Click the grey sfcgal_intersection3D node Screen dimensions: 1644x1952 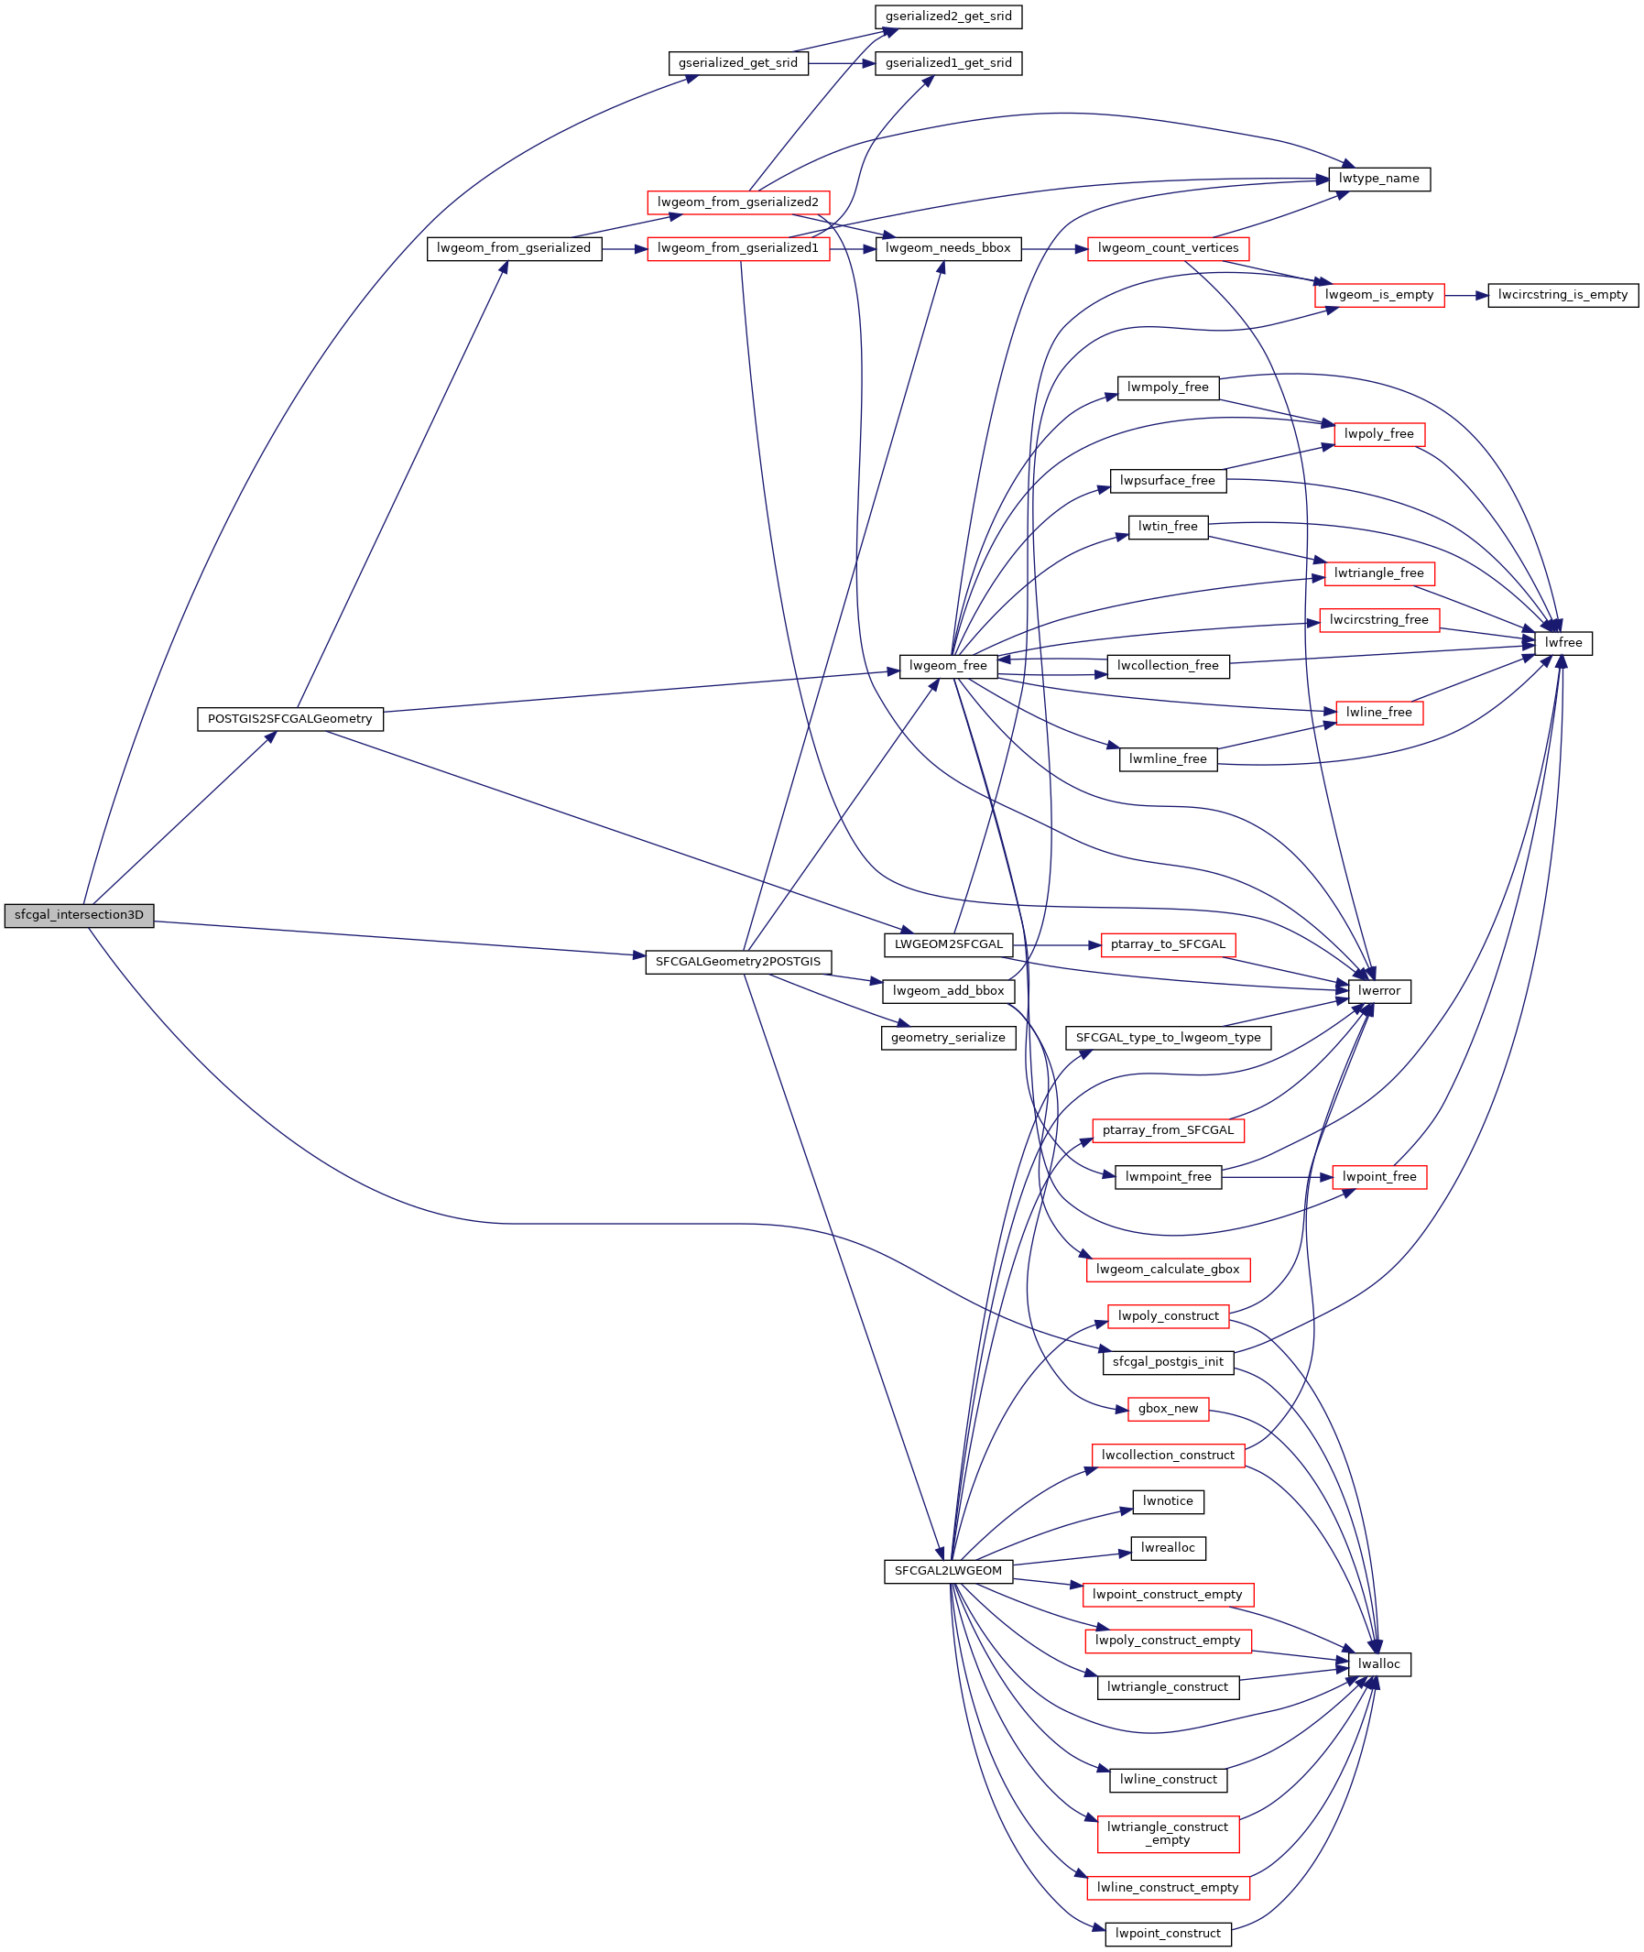[x=79, y=915]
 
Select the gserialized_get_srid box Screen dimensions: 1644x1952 [x=738, y=63]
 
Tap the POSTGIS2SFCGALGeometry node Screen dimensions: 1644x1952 [x=289, y=719]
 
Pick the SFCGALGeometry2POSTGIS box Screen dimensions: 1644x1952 [x=738, y=962]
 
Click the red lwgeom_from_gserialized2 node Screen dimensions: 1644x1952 [x=738, y=202]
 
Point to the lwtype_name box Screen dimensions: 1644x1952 [x=1378, y=179]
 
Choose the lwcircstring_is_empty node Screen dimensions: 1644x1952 [x=1562, y=296]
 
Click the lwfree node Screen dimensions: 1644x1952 [x=1562, y=643]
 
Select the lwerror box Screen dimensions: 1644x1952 [x=1379, y=991]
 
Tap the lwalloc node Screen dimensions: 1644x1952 [x=1379, y=1664]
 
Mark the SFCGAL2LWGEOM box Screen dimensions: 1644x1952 [x=948, y=1571]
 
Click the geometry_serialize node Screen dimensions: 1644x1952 [x=948, y=1038]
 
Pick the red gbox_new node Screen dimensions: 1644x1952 [x=1168, y=1409]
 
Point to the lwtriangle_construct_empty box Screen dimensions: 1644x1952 [x=1168, y=1834]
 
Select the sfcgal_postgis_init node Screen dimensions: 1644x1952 [x=1168, y=1362]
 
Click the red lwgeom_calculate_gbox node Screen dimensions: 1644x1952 [x=1168, y=1270]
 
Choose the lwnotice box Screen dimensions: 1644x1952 [x=1168, y=1501]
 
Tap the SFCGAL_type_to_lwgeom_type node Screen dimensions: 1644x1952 [x=1168, y=1038]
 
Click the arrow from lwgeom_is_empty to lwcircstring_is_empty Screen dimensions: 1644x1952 [x=1466, y=296]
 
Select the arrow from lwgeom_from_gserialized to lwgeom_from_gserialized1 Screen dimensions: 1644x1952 [x=625, y=249]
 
